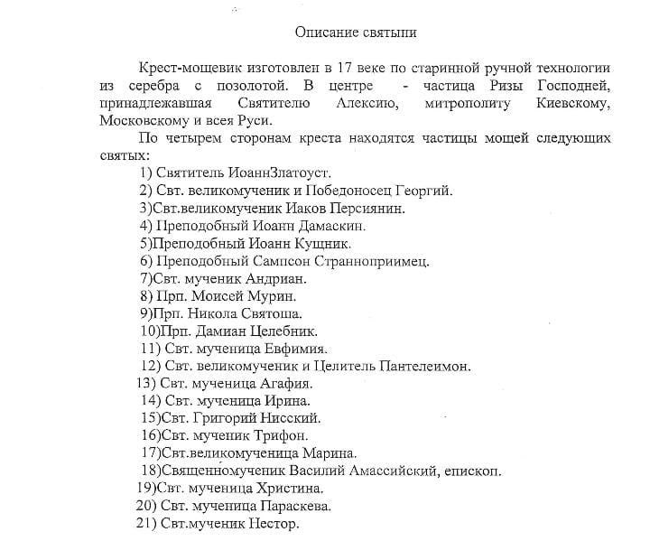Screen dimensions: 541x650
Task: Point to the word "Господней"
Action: point(571,86)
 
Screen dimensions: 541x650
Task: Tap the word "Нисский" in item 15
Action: point(290,418)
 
